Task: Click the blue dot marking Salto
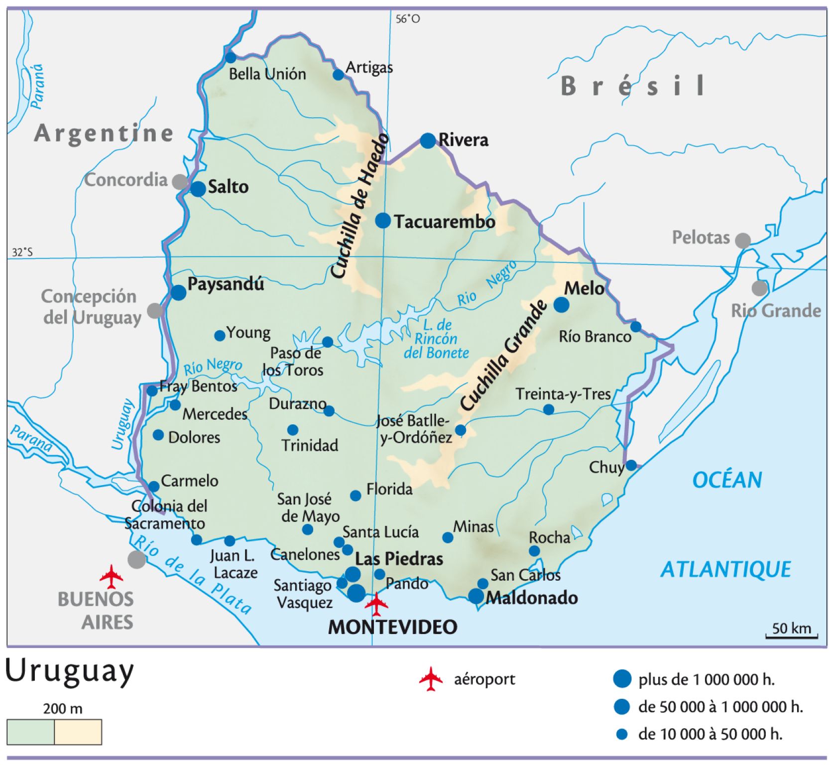(x=198, y=189)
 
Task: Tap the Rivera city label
(x=463, y=140)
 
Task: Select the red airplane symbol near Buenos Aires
(x=111, y=576)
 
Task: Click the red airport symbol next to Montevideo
(x=376, y=604)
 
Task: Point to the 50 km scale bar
(x=791, y=635)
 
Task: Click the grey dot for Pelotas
(x=742, y=241)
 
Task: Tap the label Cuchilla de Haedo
(x=359, y=206)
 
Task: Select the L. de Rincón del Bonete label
(x=436, y=339)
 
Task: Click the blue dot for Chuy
(x=631, y=465)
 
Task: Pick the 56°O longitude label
(x=407, y=19)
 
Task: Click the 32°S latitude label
(x=22, y=252)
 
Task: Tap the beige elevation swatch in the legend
(x=78, y=732)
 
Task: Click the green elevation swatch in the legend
(x=31, y=732)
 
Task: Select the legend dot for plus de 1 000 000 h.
(x=622, y=679)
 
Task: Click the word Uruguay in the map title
(x=70, y=672)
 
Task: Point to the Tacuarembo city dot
(x=383, y=220)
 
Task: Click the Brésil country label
(x=633, y=86)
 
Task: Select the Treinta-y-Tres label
(x=563, y=394)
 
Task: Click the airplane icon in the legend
(x=431, y=679)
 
